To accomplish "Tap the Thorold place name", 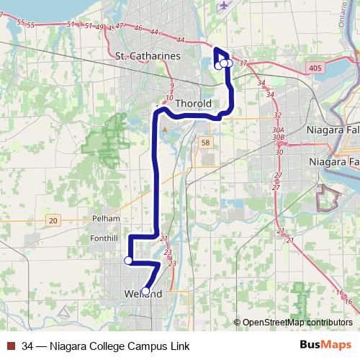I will click(x=193, y=103).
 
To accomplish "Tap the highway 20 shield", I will click(x=54, y=220).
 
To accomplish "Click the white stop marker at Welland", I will click(x=146, y=292).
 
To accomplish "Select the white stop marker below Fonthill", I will click(x=128, y=260).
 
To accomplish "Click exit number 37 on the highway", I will click(x=243, y=63).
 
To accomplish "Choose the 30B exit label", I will click(x=279, y=137).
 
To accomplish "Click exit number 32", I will click(x=277, y=115).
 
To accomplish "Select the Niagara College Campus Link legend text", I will click(x=106, y=346).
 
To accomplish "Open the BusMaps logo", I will click(x=325, y=346).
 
